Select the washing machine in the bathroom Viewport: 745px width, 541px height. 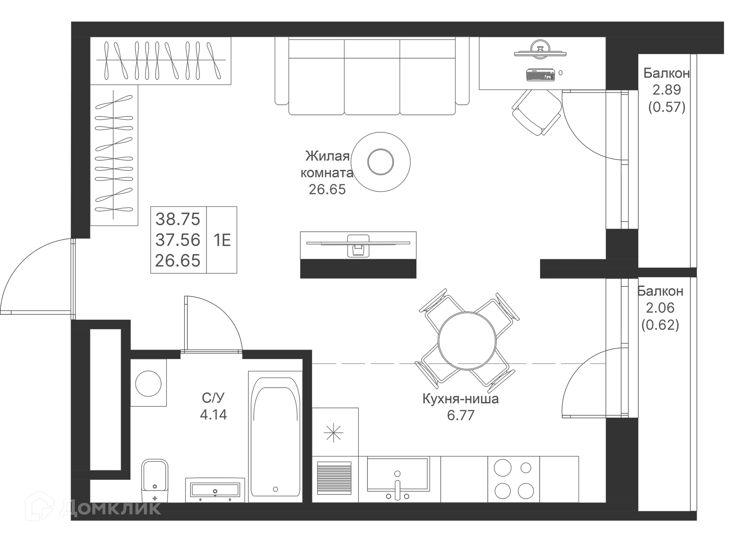pyautogui.click(x=148, y=383)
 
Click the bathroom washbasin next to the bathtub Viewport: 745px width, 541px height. pyautogui.click(x=215, y=490)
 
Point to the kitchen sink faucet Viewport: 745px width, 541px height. pyautogui.click(x=397, y=487)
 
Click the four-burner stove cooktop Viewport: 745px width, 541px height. pyautogui.click(x=514, y=479)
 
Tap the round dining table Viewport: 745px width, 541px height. pyautogui.click(x=467, y=341)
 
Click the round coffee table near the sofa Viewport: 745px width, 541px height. pyautogui.click(x=381, y=162)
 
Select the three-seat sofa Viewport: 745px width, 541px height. pyautogui.click(x=372, y=76)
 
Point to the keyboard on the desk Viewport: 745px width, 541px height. pyautogui.click(x=541, y=75)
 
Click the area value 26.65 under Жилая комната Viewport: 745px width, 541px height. pyautogui.click(x=327, y=189)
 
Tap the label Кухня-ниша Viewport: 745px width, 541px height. pyautogui.click(x=461, y=399)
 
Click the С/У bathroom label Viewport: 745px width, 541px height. pyautogui.click(x=213, y=398)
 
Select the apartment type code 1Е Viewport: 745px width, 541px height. pyautogui.click(x=222, y=241)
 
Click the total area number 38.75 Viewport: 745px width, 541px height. pyautogui.click(x=178, y=219)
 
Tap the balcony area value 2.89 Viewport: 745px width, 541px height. pyautogui.click(x=667, y=90)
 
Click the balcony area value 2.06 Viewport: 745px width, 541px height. pyautogui.click(x=660, y=308)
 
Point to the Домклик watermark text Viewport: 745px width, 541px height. pyautogui.click(x=111, y=508)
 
